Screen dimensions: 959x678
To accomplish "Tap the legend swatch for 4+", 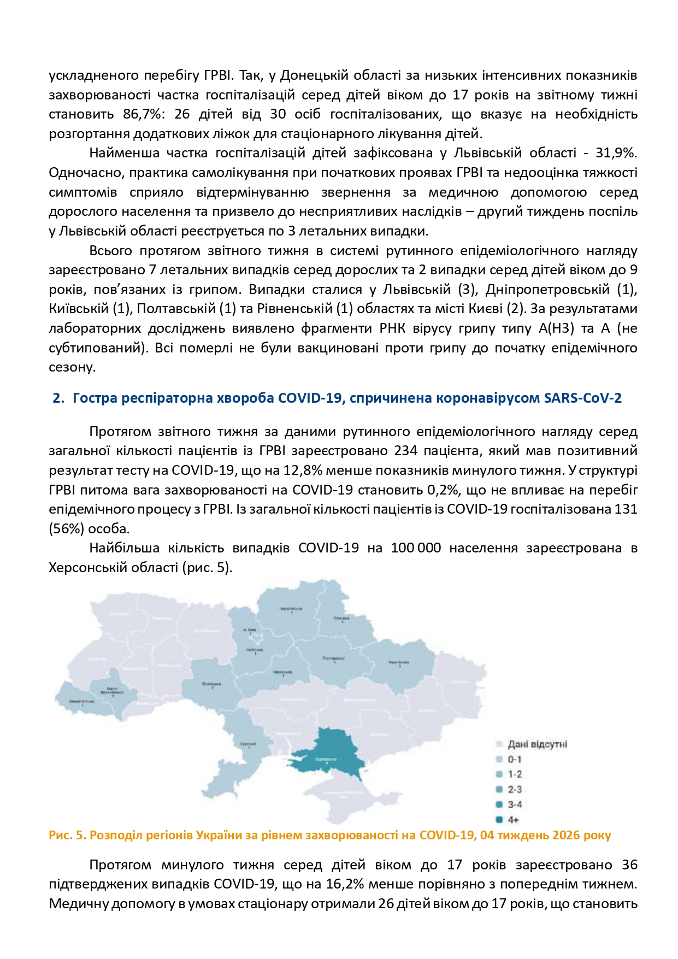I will click(499, 820).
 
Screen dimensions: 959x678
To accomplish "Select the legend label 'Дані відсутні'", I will click(538, 744).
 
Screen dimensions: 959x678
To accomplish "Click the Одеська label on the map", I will click(249, 744).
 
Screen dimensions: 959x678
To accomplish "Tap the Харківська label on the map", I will click(399, 662).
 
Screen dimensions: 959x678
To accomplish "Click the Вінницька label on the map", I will click(211, 684).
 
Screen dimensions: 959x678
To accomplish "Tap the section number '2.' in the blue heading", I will click(58, 398).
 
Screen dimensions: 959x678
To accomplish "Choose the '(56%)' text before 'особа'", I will click(66, 528).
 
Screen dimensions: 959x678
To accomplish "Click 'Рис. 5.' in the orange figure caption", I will click(67, 835).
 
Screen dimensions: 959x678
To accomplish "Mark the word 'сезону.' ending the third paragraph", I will click(72, 367).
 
